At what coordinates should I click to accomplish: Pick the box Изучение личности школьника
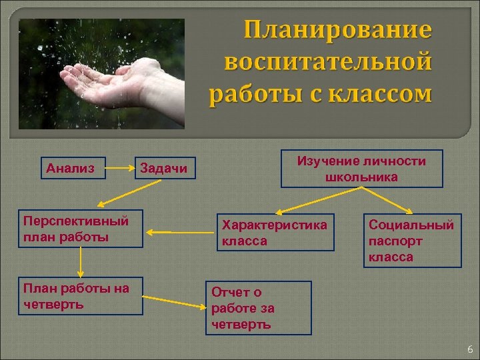[361, 168]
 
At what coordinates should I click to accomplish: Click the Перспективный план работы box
[80, 229]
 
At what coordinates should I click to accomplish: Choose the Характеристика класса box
[276, 232]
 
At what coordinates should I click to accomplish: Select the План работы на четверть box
[80, 295]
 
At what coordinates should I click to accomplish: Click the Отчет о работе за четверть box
[258, 307]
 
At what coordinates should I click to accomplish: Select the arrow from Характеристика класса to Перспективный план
[180, 232]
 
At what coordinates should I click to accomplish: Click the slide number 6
[469, 349]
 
